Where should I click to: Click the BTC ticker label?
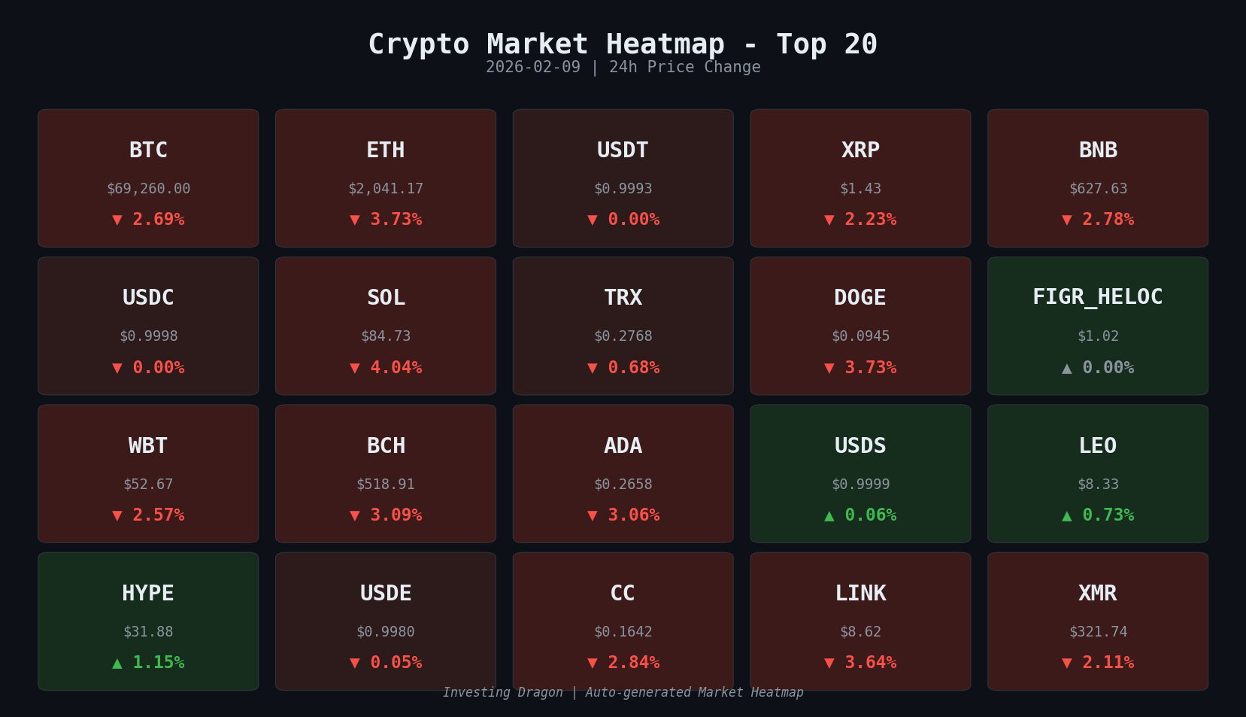pyautogui.click(x=148, y=150)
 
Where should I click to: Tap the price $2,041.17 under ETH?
pyautogui.click(x=386, y=189)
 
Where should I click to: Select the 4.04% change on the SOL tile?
pyautogui.click(x=396, y=368)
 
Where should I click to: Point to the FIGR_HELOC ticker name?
pyautogui.click(x=1097, y=297)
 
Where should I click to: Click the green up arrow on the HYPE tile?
pyautogui.click(x=117, y=664)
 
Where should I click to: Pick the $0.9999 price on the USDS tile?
pyautogui.click(x=860, y=485)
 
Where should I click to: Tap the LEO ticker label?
pyautogui.click(x=1097, y=446)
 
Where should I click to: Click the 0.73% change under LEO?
pyautogui.click(x=1108, y=515)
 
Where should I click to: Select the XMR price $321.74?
pyautogui.click(x=1098, y=632)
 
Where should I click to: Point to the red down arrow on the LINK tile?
pyautogui.click(x=829, y=664)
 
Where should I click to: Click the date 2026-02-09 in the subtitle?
pyautogui.click(x=533, y=67)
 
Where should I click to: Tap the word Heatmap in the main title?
pyautogui.click(x=665, y=44)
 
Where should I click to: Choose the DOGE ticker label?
pyautogui.click(x=860, y=298)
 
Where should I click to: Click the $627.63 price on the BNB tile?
pyautogui.click(x=1098, y=189)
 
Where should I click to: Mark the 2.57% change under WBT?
pyautogui.click(x=158, y=515)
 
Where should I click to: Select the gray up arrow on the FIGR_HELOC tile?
pyautogui.click(x=1066, y=368)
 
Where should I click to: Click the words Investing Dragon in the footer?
pyautogui.click(x=502, y=692)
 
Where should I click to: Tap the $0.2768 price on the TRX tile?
pyautogui.click(x=623, y=336)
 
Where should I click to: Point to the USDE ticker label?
pyautogui.click(x=386, y=594)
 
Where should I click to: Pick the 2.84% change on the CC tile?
pyautogui.click(x=633, y=663)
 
